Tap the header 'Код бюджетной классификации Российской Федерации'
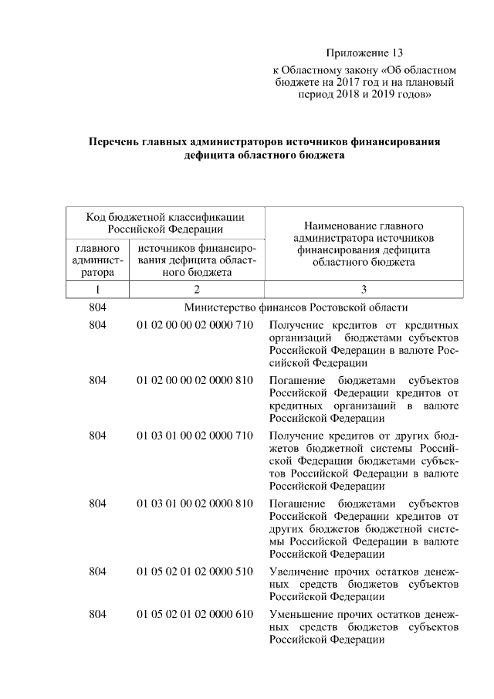165,222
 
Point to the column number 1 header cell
98,290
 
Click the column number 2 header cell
197,290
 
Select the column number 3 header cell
364,290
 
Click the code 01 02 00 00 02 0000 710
195,325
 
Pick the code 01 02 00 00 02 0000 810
195,382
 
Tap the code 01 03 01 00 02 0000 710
195,436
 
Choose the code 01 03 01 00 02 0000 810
195,504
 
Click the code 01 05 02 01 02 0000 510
195,572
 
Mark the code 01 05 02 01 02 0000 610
195,616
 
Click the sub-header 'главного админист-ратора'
97,260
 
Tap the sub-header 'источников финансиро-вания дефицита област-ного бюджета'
196,260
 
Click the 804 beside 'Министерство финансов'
97,307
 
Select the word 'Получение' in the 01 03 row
296,436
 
